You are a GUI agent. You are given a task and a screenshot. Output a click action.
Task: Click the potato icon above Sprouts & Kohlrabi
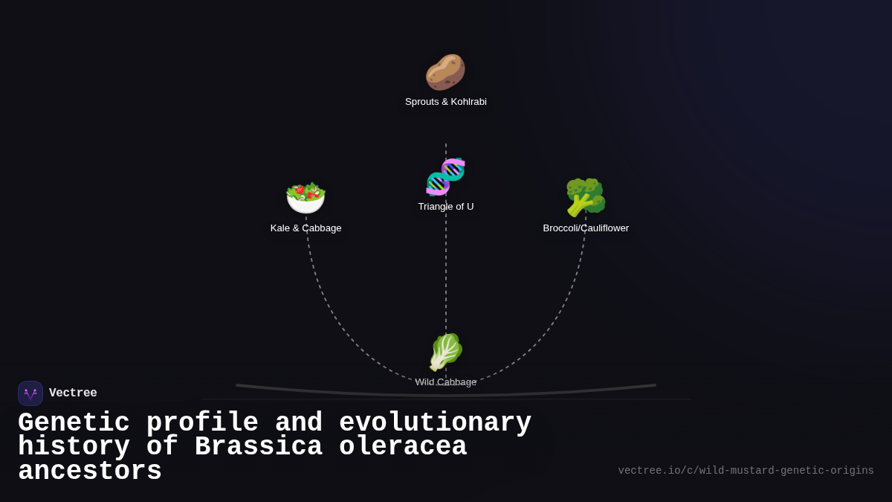coord(445,72)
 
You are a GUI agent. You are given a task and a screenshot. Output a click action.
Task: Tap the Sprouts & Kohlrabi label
coord(446,102)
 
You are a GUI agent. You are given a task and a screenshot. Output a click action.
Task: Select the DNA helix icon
coord(446,177)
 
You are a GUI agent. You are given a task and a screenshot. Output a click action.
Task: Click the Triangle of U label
coord(446,207)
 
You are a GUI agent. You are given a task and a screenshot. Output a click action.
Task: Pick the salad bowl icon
coord(306,198)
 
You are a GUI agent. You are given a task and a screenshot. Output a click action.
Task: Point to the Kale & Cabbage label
coord(306,228)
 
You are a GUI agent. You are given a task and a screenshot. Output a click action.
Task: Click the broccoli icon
coord(586,197)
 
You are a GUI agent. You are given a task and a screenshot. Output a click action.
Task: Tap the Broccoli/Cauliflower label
coord(586,228)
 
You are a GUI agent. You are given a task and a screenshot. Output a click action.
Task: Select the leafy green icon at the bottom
coord(446,352)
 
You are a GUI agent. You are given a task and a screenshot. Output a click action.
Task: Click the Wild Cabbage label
coord(446,382)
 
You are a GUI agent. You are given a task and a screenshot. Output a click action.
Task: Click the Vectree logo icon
coord(30,393)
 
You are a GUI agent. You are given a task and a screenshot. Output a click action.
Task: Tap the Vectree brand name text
coord(73,393)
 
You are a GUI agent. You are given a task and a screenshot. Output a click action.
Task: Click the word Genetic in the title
coord(74,423)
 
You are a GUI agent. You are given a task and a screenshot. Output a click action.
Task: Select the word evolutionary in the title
coord(435,423)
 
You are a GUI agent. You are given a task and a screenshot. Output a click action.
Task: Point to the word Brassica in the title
coord(258,447)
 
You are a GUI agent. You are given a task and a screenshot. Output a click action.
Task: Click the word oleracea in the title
coord(403,447)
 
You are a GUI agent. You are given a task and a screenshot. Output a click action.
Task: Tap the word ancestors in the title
coord(90,472)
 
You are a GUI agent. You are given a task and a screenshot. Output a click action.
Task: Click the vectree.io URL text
coord(746,471)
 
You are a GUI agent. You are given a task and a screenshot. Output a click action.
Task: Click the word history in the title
coord(74,447)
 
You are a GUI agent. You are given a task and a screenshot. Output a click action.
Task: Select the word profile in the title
coord(202,423)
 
